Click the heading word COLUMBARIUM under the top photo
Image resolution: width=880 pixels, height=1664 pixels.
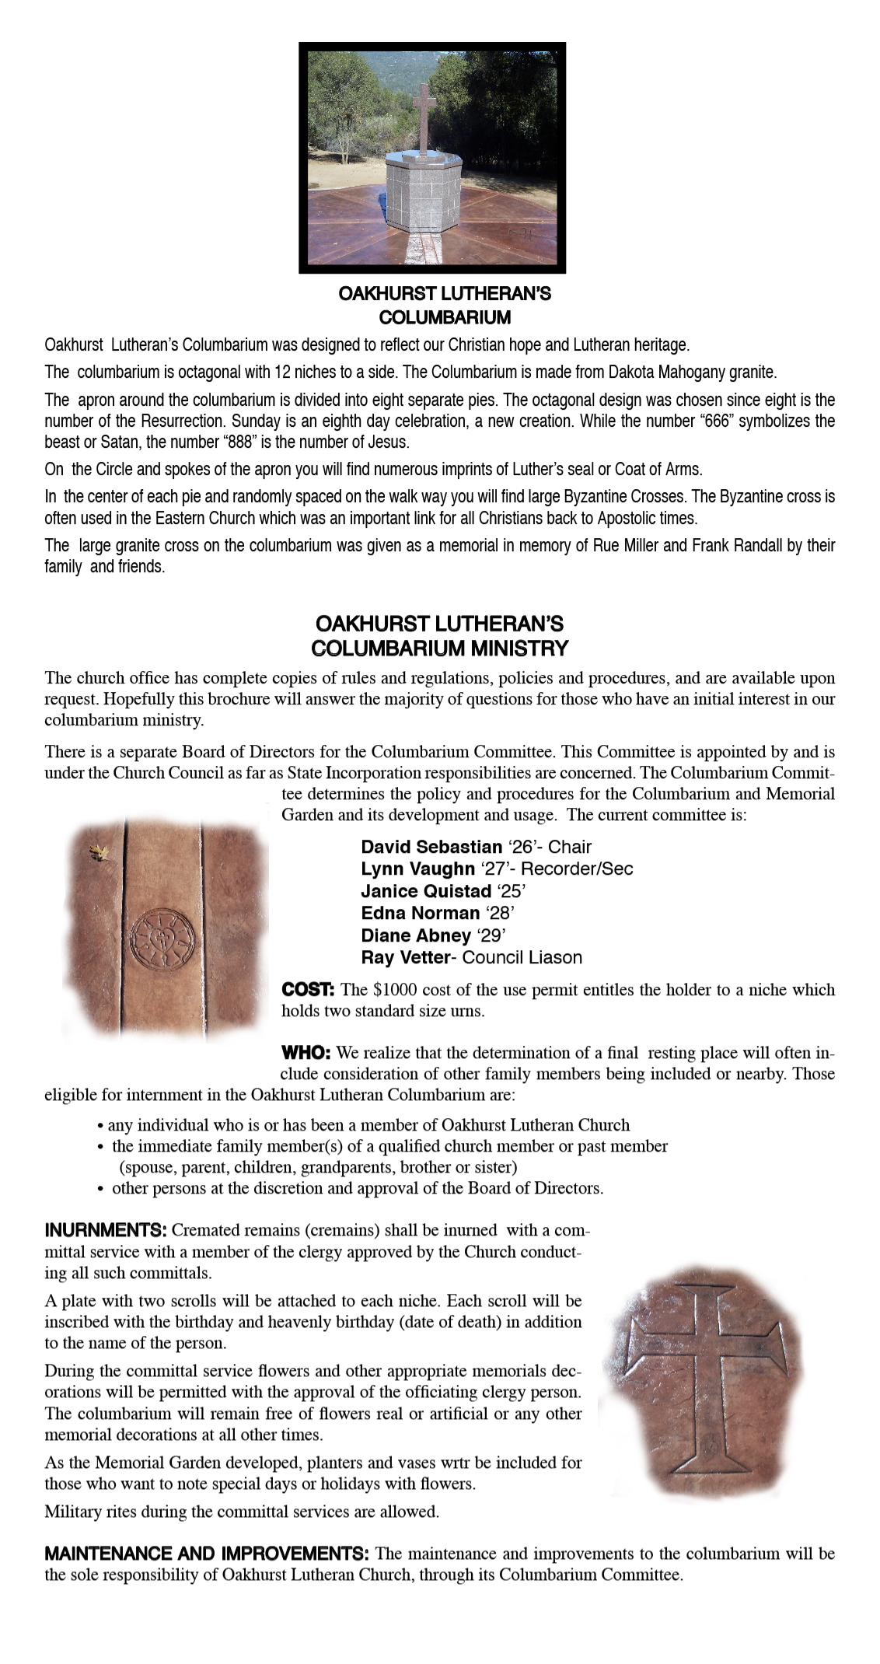pos(444,317)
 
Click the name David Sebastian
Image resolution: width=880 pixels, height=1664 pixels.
pos(431,847)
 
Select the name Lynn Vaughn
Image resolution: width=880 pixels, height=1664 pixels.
pos(417,869)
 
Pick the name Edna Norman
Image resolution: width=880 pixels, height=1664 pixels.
pos(420,913)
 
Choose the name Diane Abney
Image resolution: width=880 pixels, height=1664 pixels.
pos(416,935)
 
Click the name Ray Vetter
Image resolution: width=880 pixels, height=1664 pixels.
pos(405,957)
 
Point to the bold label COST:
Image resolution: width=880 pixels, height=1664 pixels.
pos(308,990)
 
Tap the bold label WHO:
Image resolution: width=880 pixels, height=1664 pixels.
pos(306,1054)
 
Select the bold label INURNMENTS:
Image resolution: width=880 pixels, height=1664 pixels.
pos(106,1231)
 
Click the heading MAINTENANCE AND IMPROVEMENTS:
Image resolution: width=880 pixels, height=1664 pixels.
pos(206,1554)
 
